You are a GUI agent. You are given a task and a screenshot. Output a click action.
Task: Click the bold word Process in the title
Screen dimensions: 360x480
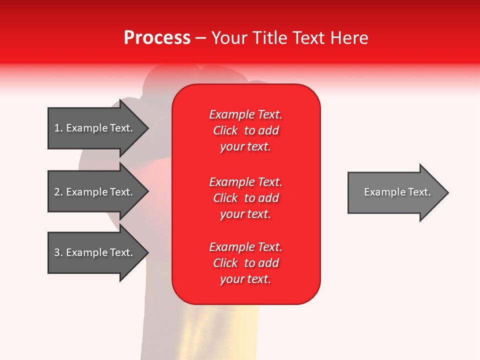pos(157,38)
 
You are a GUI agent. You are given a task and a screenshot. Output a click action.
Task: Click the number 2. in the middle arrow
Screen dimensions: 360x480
pos(58,192)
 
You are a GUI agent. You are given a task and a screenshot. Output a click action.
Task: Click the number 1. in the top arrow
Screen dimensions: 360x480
pos(58,128)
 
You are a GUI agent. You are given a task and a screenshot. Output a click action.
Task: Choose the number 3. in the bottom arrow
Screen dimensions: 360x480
pos(58,252)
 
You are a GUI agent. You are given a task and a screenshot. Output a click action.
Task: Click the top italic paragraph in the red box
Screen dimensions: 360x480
pos(245,130)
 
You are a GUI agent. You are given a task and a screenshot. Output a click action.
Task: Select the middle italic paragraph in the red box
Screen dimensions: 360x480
pos(245,198)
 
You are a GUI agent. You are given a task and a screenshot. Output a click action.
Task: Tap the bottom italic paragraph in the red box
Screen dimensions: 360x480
pos(245,263)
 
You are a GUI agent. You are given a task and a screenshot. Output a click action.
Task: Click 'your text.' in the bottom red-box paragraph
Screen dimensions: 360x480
pos(245,279)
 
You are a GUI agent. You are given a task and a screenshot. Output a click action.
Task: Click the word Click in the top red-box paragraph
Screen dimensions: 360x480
pos(225,130)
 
